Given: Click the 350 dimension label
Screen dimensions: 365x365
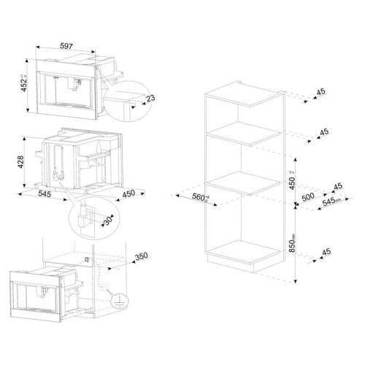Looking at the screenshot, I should tap(142, 255).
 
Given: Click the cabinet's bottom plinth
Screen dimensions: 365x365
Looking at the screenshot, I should tap(243, 258).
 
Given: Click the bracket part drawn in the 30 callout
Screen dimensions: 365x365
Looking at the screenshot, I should tap(85, 216).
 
